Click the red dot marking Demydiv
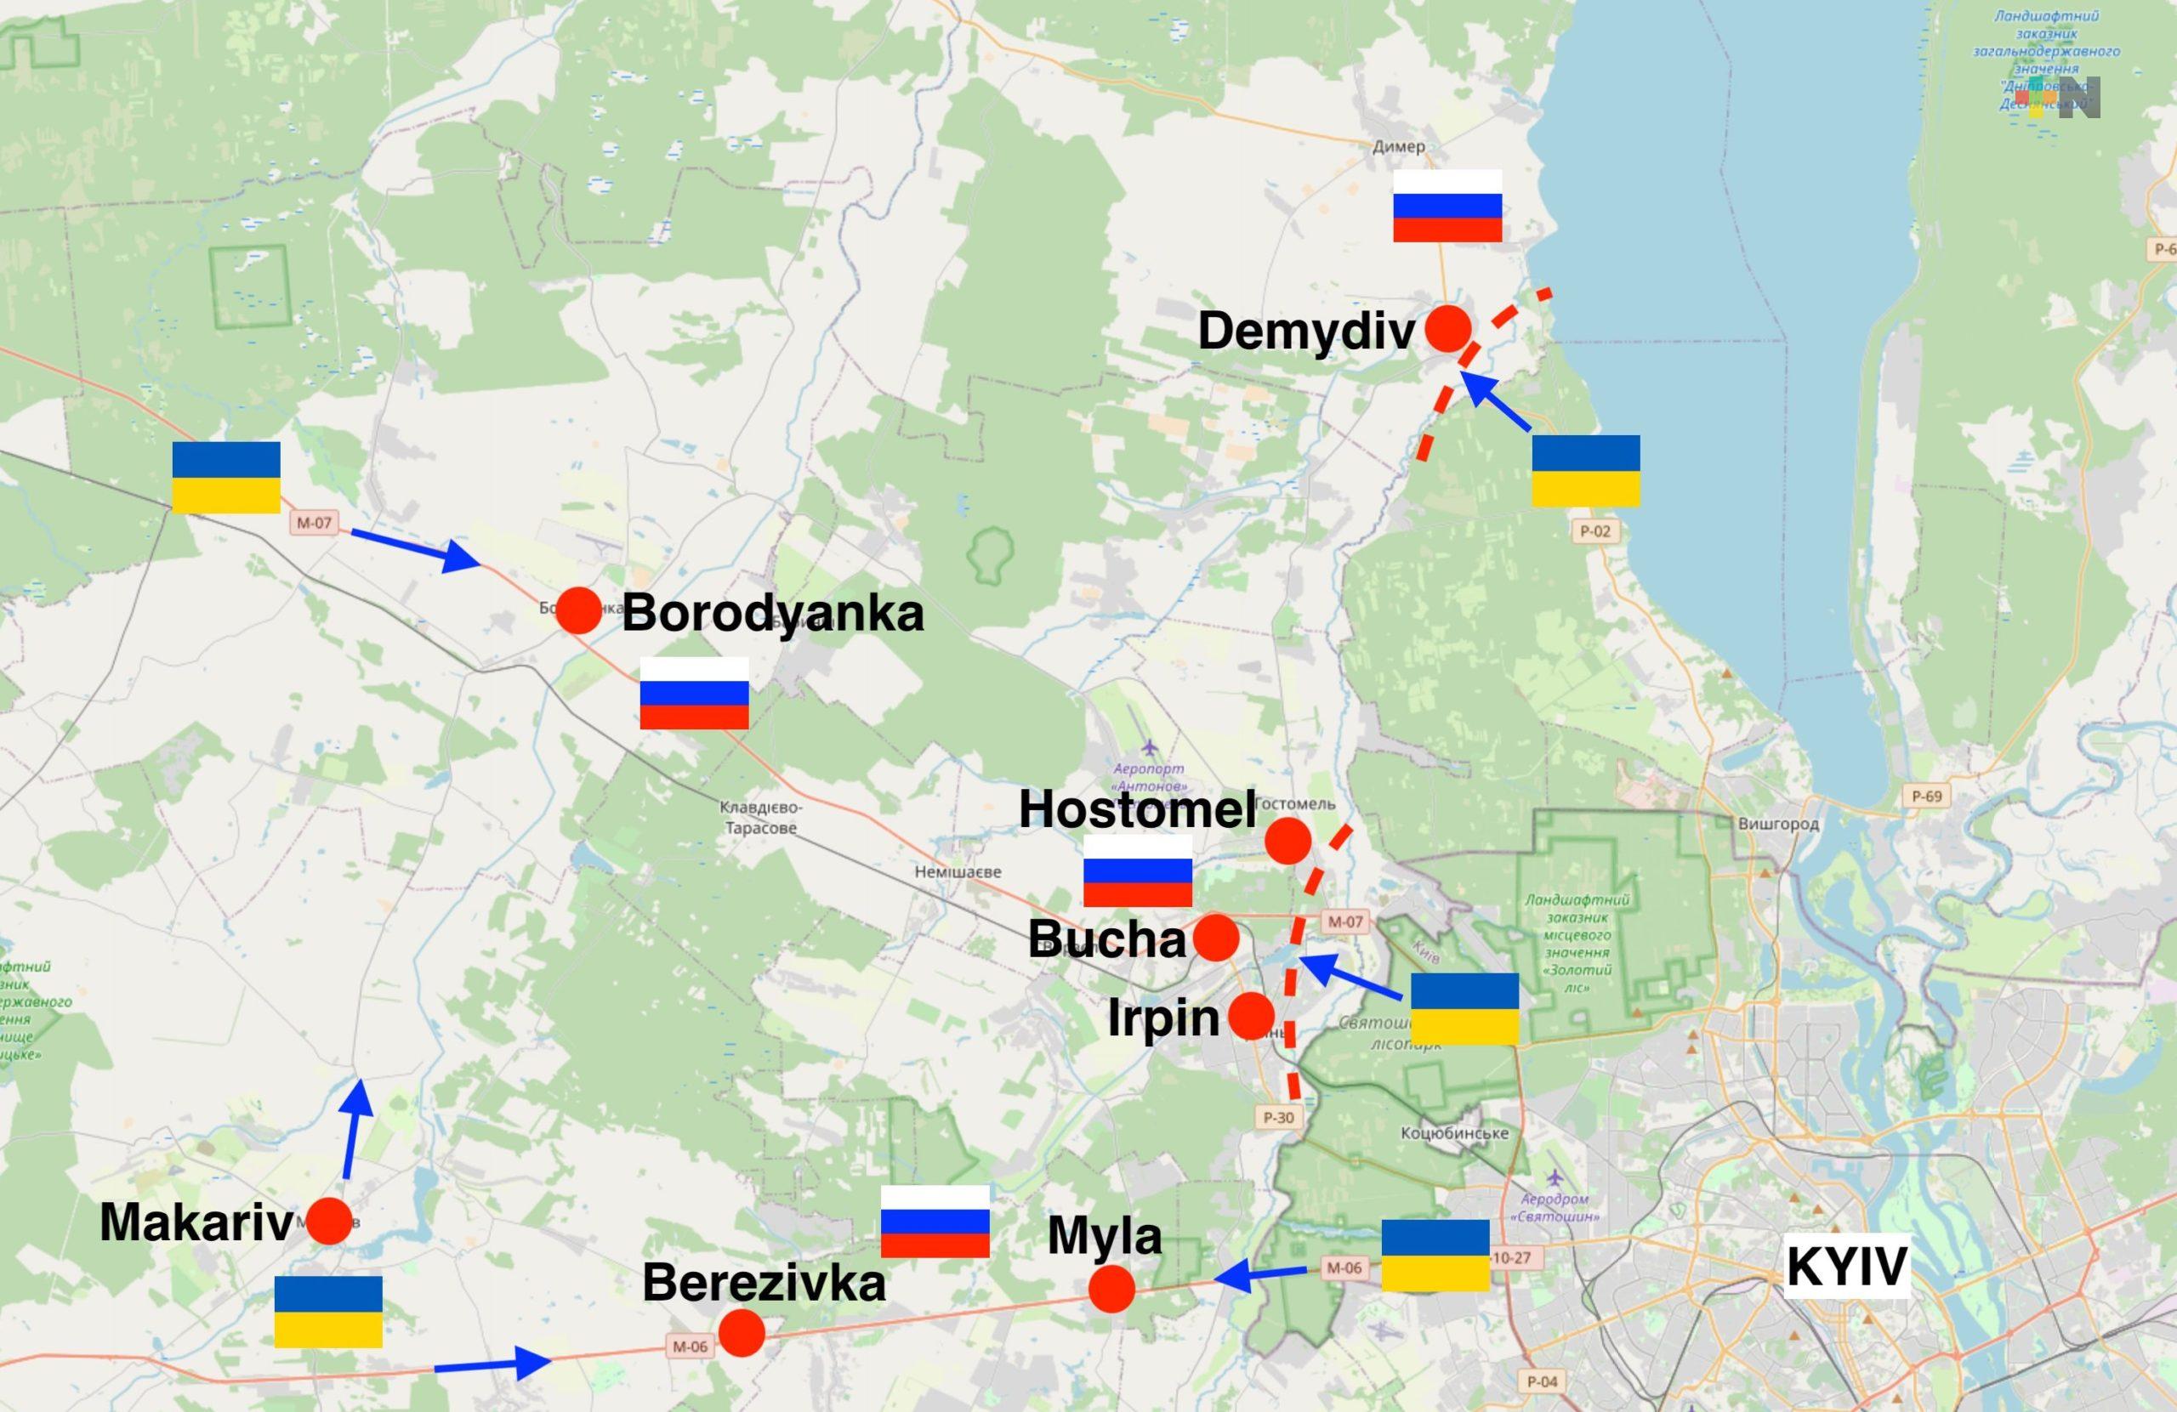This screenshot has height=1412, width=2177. (1448, 327)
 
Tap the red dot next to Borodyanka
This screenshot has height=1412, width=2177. (579, 610)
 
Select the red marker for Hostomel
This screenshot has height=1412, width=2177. (1287, 841)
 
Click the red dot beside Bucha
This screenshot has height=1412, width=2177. (1217, 938)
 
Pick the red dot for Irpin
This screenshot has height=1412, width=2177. (1251, 1015)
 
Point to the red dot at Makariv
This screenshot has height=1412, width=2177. (329, 1222)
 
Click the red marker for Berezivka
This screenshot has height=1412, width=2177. (742, 1332)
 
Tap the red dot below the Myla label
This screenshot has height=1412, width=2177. (1112, 1290)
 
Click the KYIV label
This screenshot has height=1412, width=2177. (1847, 1267)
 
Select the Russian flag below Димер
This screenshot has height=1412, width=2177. (1447, 206)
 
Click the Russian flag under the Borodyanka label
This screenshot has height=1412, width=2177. (694, 693)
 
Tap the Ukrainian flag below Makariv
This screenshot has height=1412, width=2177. (328, 1312)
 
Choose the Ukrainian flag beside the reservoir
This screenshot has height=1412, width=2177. (1586, 471)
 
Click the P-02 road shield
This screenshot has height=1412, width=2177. (1595, 530)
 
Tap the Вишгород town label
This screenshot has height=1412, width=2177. (1778, 824)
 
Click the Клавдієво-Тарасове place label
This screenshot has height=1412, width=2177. (760, 818)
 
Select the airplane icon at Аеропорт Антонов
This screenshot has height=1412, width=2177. (1150, 749)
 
